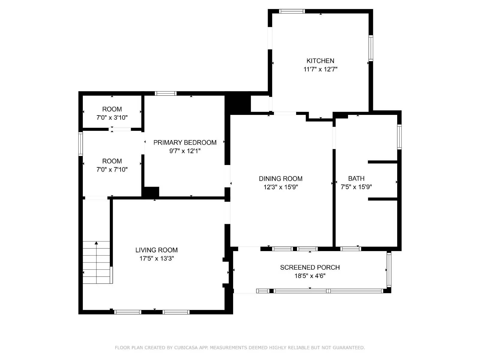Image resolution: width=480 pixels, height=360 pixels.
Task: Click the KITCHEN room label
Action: (x=320, y=61)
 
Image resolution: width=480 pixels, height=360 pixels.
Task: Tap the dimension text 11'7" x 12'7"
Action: (x=320, y=69)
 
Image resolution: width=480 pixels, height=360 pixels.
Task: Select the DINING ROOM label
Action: (x=280, y=178)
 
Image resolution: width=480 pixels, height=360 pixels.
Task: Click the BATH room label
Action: (x=356, y=178)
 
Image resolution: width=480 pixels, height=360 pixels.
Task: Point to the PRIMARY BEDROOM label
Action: (x=185, y=142)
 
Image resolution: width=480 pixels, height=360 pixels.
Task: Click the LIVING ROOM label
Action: (x=156, y=250)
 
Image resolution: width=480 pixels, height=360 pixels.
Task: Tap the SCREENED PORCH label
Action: (x=310, y=267)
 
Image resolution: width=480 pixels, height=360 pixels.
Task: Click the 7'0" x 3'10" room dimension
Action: (x=112, y=118)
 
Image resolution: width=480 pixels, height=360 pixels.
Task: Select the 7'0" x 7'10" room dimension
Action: (x=112, y=169)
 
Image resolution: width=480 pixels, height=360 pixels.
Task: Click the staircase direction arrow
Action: (x=96, y=243)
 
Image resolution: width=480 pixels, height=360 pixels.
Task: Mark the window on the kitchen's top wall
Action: (x=292, y=11)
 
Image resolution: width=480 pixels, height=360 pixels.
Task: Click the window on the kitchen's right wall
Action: (x=371, y=48)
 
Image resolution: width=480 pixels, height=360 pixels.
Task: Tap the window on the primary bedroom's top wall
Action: (x=166, y=93)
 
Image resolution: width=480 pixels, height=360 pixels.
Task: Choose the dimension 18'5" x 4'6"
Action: (x=310, y=276)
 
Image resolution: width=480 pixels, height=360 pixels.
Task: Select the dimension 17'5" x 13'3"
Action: (x=156, y=258)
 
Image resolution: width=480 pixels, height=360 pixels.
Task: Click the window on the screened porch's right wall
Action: (x=389, y=269)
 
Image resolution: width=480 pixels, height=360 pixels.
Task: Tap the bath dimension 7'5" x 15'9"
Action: (x=356, y=187)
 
